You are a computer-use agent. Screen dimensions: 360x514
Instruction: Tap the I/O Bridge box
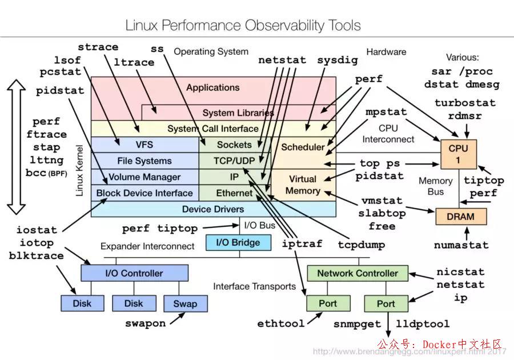(x=238, y=243)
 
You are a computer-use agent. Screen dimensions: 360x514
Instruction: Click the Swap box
(x=184, y=303)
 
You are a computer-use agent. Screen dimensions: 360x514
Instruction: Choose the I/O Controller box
(x=134, y=273)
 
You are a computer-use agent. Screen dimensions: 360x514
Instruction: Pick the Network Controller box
(x=358, y=273)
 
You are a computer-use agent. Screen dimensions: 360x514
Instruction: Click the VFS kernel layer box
(x=144, y=145)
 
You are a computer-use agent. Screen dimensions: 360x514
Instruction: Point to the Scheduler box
(x=303, y=147)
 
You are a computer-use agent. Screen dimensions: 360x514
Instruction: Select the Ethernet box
(x=234, y=193)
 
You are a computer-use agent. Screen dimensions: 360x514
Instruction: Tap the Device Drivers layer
(x=213, y=209)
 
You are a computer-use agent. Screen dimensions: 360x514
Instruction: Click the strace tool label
(x=98, y=47)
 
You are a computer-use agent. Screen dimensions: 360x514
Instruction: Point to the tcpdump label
(x=360, y=245)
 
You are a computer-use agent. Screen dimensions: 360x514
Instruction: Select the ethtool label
(x=281, y=324)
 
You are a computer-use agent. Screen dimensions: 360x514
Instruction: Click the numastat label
(x=461, y=245)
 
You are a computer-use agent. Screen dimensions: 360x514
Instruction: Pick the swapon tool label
(x=146, y=323)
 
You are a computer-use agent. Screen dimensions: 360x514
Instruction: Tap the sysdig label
(x=338, y=59)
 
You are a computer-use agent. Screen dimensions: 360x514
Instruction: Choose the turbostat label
(x=465, y=103)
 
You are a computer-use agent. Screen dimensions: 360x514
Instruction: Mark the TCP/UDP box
(x=234, y=161)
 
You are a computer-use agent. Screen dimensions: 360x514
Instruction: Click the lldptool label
(x=423, y=324)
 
